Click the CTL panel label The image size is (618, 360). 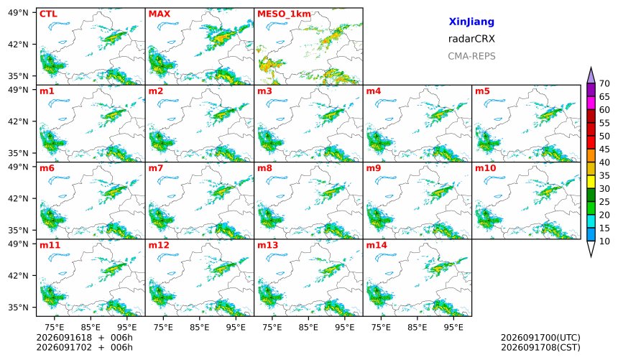pos(48,14)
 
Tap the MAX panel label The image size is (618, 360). pos(160,14)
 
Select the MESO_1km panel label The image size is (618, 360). pos(284,14)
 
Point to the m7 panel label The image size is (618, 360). pos(156,168)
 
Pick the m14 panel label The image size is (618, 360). pos(377,245)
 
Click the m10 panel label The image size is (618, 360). pos(485,168)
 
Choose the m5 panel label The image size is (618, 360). pos(482,91)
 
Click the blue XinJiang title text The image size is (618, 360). pos(471,22)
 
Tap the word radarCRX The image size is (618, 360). pos(471,39)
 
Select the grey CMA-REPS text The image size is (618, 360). pos(471,56)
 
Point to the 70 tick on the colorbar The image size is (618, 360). pos(604,83)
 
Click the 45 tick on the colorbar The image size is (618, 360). pos(604,149)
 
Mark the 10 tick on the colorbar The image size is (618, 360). pos(604,241)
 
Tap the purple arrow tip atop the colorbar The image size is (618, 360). pos(591,68)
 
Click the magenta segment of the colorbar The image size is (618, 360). pos(591,103)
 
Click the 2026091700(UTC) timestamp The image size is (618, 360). pos(540,338)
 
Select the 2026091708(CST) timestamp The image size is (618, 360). pos(540,347)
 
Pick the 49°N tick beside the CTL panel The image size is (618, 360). pos(18,13)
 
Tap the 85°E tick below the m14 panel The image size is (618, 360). pos(418,327)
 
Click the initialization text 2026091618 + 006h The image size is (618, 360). pos(84,338)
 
